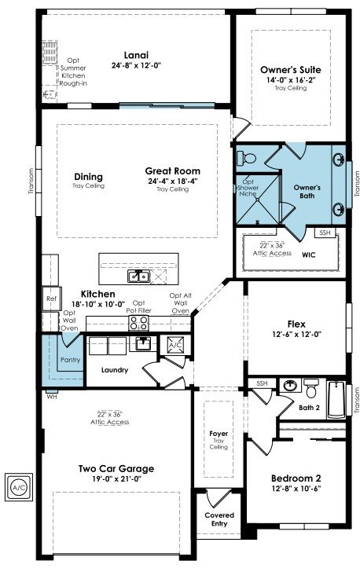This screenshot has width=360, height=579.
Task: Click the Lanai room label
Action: pos(136,56)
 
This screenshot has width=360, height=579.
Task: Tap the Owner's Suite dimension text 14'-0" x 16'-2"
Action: pos(291,80)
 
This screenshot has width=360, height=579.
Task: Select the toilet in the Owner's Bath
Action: pos(247,159)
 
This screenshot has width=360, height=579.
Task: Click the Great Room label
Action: pos(173,171)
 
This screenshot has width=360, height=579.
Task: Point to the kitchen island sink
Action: pos(138,276)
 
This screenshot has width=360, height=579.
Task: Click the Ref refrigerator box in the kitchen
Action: pos(51,299)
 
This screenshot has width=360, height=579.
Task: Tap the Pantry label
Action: pos(70,360)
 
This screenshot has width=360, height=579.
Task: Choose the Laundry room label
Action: pos(115,370)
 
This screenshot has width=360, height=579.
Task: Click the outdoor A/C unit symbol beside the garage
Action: pos(19,487)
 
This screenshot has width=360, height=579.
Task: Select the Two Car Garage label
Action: pos(116,468)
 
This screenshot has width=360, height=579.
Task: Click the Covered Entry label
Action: pos(219,519)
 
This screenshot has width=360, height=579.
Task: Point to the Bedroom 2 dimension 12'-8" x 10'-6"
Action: pos(296,488)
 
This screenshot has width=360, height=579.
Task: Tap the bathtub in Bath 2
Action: pos(336,400)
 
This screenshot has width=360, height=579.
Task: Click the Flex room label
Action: pos(296,324)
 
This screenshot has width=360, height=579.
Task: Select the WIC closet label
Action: pos(309,255)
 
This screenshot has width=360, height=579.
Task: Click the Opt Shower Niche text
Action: pos(248,188)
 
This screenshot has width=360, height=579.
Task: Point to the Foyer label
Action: pos(219,434)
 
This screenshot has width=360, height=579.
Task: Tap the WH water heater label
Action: pos(52,397)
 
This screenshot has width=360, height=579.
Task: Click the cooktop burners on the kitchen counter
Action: pos(138,324)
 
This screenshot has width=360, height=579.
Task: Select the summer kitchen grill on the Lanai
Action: pos(50,53)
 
